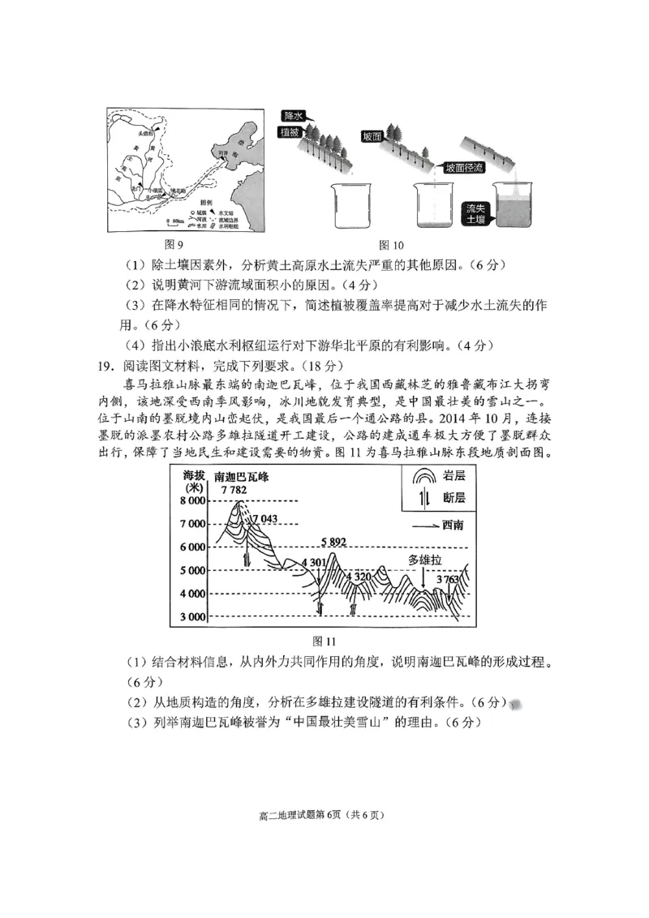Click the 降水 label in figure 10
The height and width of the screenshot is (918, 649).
coord(294,117)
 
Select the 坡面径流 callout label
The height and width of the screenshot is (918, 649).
coord(464,167)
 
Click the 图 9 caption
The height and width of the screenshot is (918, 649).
coord(174,244)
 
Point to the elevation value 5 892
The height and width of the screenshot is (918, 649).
coord(333,542)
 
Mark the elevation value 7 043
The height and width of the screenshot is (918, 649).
coord(265,519)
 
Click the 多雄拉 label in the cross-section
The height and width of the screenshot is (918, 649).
coord(425,560)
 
